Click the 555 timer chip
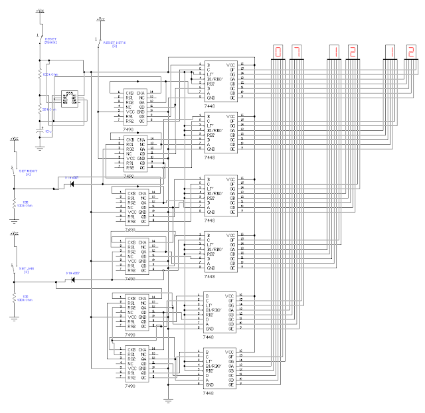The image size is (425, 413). (69, 99)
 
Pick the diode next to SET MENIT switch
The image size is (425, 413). (71, 183)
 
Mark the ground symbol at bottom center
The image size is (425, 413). (169, 401)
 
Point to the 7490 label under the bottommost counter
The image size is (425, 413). (129, 385)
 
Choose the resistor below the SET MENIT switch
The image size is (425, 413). (15, 202)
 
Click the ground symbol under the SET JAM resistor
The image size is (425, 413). (15, 319)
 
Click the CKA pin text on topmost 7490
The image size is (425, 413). (142, 92)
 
